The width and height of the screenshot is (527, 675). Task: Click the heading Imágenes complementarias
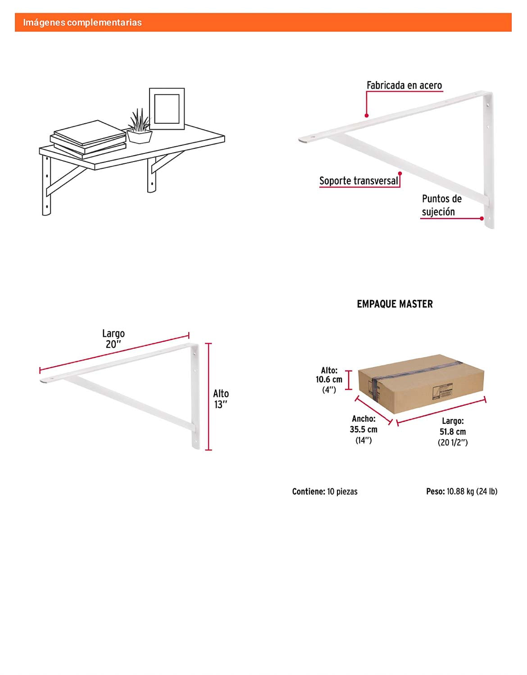click(82, 22)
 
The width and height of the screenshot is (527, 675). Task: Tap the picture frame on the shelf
click(167, 109)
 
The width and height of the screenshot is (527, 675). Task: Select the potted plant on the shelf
click(140, 126)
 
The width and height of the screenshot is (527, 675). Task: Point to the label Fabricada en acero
click(404, 85)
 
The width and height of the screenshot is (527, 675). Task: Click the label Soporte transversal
click(359, 181)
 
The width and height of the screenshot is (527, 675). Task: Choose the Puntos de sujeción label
click(441, 205)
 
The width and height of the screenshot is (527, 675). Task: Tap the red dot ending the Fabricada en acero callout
click(367, 116)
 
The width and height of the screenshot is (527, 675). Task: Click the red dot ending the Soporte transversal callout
click(400, 173)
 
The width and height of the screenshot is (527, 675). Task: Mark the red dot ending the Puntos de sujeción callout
click(482, 218)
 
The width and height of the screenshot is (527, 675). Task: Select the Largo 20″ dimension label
click(114, 339)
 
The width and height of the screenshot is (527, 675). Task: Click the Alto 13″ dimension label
click(221, 399)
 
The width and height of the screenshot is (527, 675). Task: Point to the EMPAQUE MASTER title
click(395, 304)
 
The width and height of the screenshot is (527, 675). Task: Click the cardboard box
click(421, 384)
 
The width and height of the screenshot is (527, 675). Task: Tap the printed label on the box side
click(442, 391)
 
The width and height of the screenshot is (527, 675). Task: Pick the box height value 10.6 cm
click(329, 379)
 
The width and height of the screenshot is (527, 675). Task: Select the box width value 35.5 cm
click(363, 429)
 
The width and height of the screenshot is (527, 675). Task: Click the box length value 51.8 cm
click(453, 432)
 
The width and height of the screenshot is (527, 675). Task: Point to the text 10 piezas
click(342, 491)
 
